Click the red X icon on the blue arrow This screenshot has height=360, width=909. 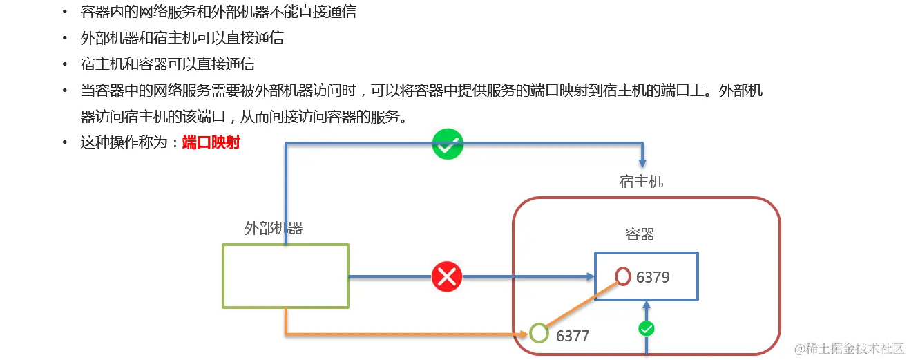(447, 277)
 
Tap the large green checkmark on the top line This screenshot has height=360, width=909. (448, 144)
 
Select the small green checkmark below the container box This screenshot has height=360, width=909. (646, 329)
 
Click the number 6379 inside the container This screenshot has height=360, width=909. (653, 277)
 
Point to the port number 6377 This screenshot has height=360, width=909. (573, 336)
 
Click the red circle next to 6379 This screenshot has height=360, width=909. (623, 276)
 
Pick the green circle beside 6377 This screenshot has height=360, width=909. (539, 333)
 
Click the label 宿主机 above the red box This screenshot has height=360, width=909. (641, 182)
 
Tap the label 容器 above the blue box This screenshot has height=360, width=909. (640, 235)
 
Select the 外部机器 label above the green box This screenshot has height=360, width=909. (274, 229)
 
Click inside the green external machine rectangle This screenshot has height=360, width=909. (285, 276)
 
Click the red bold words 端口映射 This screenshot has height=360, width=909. (211, 143)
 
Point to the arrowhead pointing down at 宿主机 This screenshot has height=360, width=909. (643, 162)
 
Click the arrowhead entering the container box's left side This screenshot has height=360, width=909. (590, 276)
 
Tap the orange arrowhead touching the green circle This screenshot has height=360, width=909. (524, 334)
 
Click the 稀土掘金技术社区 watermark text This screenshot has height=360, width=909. (850, 349)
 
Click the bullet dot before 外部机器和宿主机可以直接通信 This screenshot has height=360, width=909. (65, 39)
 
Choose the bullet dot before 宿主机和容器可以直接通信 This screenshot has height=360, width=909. (65, 65)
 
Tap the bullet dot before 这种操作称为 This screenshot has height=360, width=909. (65, 143)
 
